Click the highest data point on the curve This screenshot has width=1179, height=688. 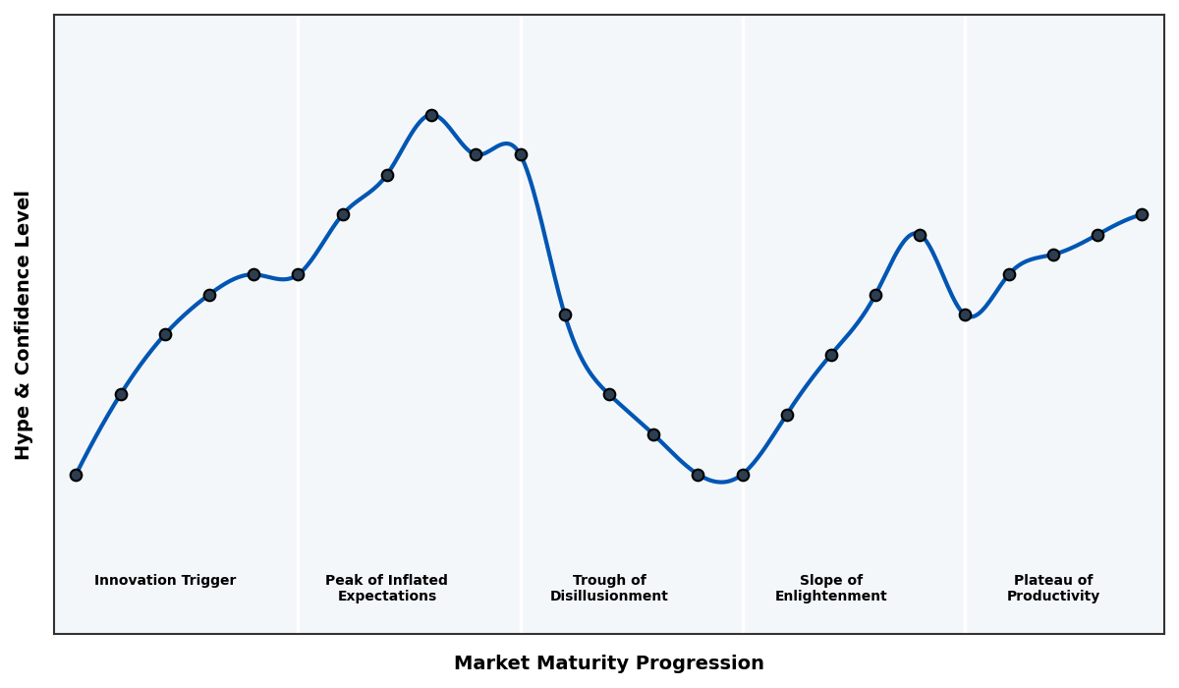(431, 115)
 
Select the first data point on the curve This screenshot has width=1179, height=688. (76, 475)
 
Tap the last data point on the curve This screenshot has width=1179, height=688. (1142, 214)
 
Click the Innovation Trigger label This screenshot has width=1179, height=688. (165, 581)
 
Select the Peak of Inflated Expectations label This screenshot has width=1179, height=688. (386, 589)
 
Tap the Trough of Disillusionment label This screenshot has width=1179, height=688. (609, 589)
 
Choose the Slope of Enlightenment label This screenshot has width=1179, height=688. (831, 589)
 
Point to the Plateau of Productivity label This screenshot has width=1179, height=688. (1053, 589)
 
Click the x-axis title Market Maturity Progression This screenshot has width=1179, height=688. (609, 663)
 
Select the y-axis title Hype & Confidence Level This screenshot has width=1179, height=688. (24, 324)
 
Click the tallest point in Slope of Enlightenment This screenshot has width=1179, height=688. (920, 235)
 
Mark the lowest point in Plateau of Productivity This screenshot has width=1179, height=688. (965, 315)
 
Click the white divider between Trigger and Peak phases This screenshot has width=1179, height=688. (299, 442)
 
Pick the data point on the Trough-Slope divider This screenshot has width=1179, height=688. (743, 475)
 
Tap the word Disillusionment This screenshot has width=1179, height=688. (609, 597)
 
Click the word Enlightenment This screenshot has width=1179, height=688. (831, 597)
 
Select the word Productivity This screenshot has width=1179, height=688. (1053, 597)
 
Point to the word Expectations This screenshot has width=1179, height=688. (386, 597)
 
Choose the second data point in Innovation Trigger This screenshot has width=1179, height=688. (121, 394)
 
